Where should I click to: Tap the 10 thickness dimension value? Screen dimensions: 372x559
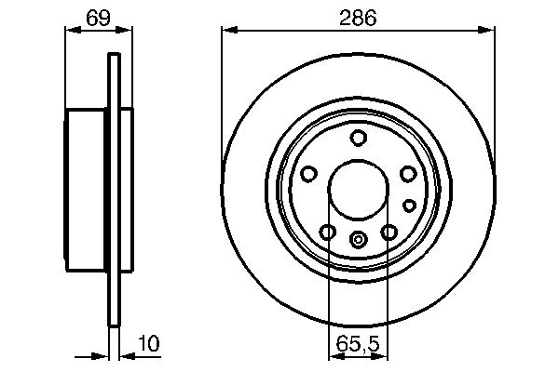click(147, 344)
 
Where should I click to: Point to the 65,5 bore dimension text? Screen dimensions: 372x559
click(358, 344)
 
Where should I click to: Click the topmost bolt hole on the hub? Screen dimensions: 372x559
click(358, 139)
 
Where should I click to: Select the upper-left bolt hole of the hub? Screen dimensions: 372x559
click(309, 174)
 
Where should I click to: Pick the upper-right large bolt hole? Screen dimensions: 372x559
click(407, 174)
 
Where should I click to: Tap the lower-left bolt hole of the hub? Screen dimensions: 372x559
click(328, 232)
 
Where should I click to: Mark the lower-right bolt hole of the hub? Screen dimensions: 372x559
click(389, 232)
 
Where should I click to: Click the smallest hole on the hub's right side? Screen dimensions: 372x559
click(408, 205)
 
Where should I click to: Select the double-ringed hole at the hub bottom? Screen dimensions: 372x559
click(358, 239)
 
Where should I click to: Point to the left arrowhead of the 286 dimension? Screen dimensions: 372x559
click(226, 31)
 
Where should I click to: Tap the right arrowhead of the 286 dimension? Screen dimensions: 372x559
click(489, 31)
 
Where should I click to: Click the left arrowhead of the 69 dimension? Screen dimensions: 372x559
click(69, 31)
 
